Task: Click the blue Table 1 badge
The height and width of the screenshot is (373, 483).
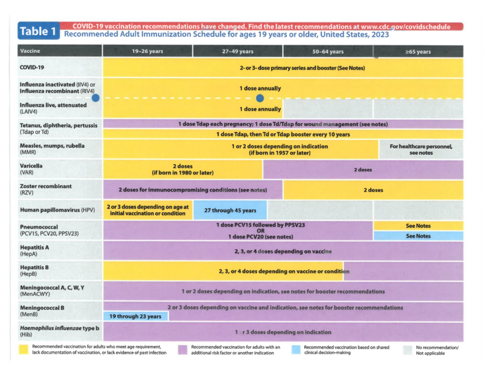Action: (39, 31)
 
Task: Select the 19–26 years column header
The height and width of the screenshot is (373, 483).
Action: (148, 51)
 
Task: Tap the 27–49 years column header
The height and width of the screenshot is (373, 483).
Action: (238, 51)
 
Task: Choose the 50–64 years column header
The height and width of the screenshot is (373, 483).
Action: (328, 51)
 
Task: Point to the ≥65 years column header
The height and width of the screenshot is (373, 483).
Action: (418, 52)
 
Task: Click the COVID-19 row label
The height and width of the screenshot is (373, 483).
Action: (32, 67)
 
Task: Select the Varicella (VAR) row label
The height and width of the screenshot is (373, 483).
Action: (31, 169)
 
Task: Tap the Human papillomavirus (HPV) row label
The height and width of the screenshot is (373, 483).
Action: (57, 210)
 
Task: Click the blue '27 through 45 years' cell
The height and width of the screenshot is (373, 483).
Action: (230, 210)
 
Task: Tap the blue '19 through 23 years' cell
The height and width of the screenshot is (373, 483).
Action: (135, 316)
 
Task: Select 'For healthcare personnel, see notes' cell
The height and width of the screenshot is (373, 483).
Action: (421, 149)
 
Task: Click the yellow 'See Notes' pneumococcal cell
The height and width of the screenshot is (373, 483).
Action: (418, 226)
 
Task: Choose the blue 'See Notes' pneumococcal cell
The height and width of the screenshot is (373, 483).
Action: (418, 236)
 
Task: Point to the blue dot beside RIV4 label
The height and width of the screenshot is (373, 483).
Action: (95, 98)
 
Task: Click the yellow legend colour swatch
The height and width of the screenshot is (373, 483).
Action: (24, 349)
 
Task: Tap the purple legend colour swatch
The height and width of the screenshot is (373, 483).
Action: (183, 349)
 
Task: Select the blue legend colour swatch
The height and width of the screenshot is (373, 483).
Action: (296, 349)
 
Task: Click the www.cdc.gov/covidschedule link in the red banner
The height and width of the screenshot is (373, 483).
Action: (405, 27)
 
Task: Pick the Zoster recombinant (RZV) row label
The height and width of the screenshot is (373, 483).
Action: (46, 190)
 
